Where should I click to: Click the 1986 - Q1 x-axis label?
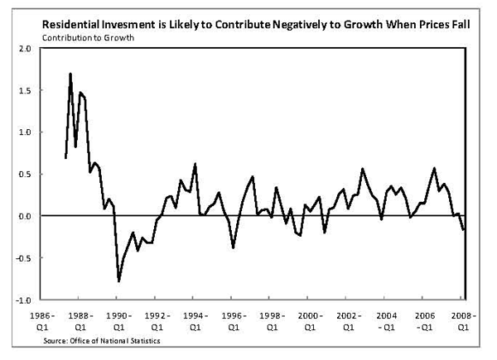42,321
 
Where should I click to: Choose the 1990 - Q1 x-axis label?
118,321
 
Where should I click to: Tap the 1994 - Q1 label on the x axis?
195,321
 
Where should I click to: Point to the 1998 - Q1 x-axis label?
272,321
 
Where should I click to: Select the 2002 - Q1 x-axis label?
348,321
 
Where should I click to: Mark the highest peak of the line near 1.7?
70,74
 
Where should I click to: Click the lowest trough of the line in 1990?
118,281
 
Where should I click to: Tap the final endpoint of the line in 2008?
464,229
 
